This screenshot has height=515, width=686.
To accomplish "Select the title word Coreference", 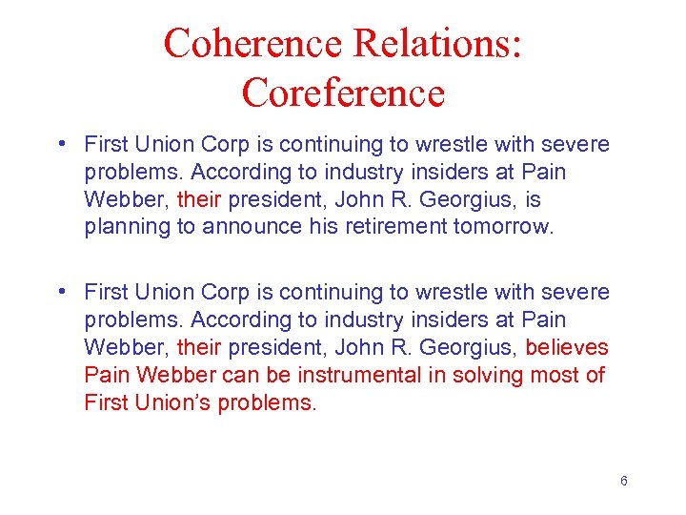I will pyautogui.click(x=343, y=93).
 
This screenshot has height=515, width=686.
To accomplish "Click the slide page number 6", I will pyautogui.click(x=623, y=481).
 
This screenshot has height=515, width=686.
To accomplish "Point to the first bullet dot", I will pyautogui.click(x=60, y=145).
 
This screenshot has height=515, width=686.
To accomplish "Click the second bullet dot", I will pyautogui.click(x=60, y=292).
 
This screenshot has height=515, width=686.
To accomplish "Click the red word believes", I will pyautogui.click(x=566, y=347).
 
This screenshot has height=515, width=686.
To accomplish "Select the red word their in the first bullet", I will pyautogui.click(x=199, y=200).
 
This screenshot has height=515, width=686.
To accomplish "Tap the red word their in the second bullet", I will pyautogui.click(x=199, y=347).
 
